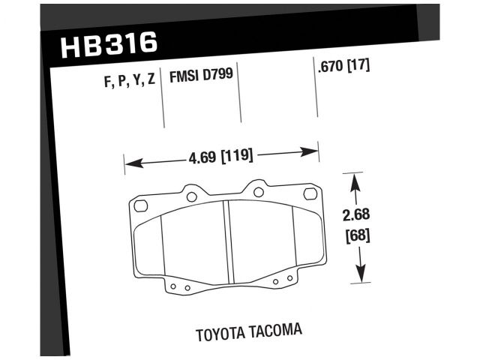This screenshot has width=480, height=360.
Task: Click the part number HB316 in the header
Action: click(x=109, y=44)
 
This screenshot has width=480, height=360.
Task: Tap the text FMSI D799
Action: click(x=200, y=76)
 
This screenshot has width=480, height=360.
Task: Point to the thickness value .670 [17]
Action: click(x=344, y=65)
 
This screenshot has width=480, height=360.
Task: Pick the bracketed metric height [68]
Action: click(x=358, y=233)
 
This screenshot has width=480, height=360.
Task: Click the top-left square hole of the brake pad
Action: click(x=140, y=205)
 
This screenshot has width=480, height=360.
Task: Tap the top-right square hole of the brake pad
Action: click(x=309, y=195)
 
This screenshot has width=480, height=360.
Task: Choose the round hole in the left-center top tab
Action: click(x=191, y=197)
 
